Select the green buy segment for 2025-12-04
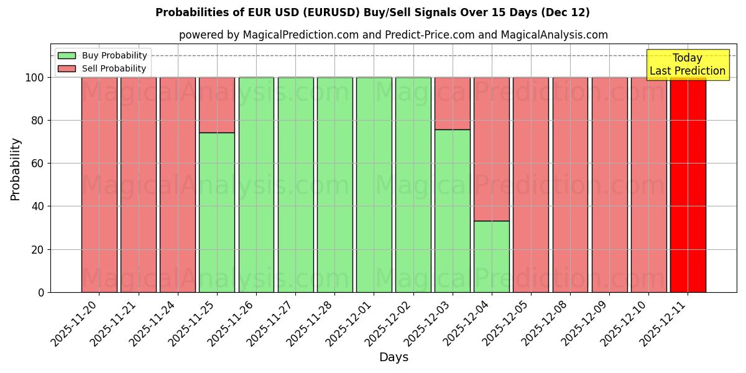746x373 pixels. [x=492, y=256]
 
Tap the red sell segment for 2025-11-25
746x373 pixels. [x=217, y=104]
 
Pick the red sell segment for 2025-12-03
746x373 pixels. [x=453, y=103]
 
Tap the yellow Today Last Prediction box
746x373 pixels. [x=688, y=65]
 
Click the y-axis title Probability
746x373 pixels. [x=16, y=169]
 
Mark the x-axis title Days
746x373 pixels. [x=394, y=357]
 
